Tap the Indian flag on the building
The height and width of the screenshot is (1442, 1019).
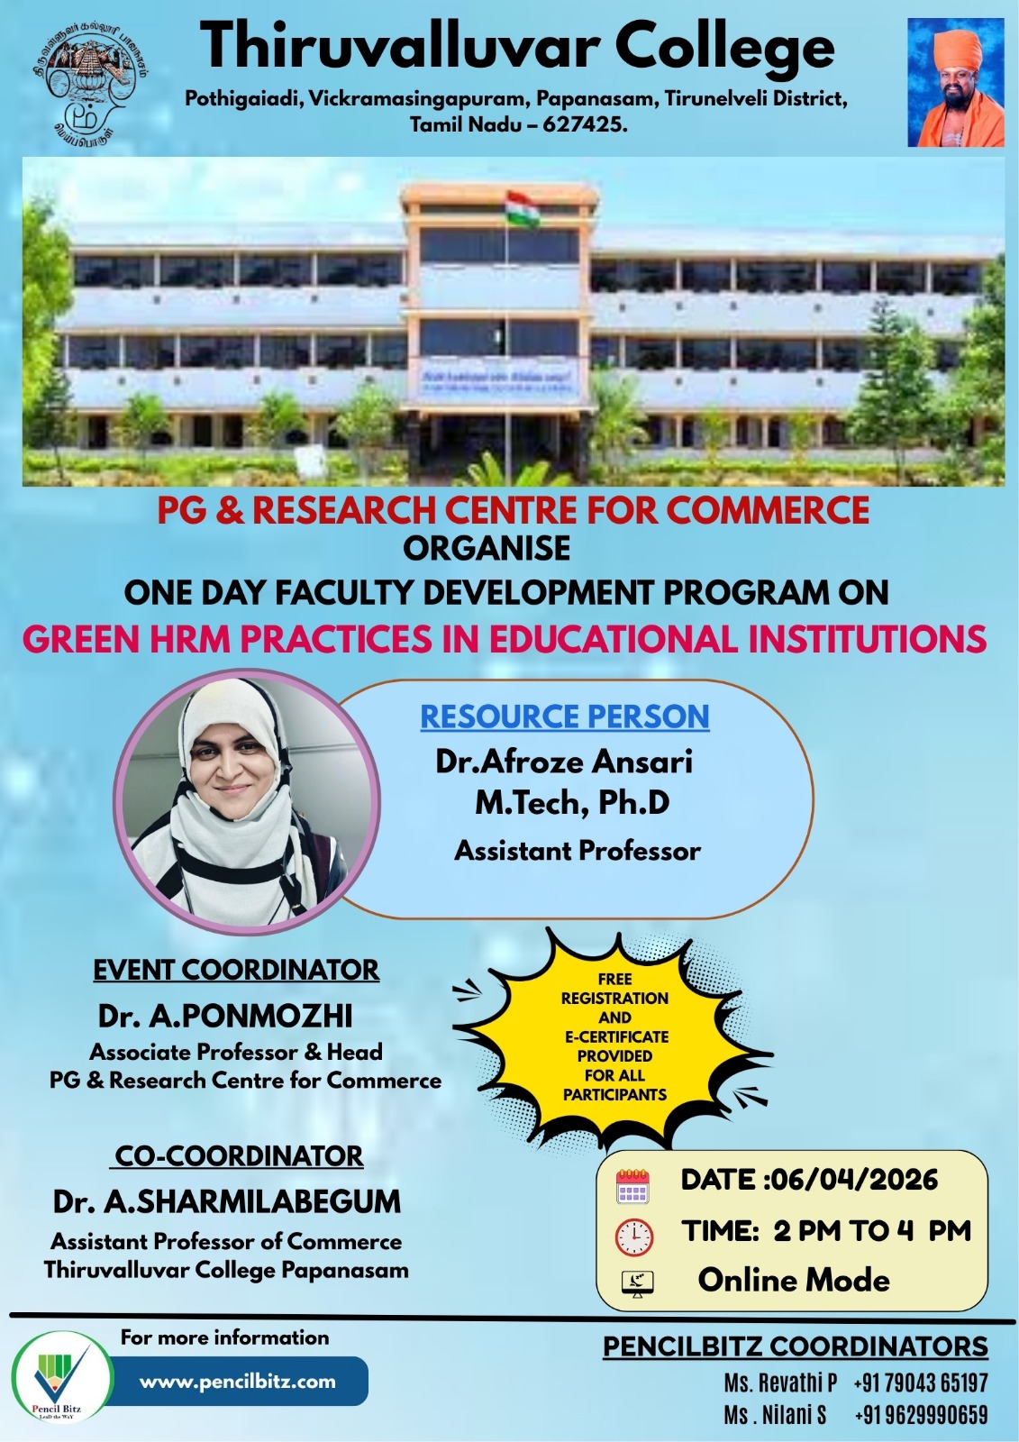pos(523,209)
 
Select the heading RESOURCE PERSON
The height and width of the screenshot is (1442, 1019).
pos(565,716)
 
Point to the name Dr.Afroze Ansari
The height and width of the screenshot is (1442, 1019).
pos(564,762)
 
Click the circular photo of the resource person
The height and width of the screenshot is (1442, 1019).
pos(246,801)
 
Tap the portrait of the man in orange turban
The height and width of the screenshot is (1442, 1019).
pos(955,83)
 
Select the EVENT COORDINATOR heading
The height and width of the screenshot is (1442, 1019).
pos(236,970)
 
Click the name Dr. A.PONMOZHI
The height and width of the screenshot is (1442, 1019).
pos(225,1016)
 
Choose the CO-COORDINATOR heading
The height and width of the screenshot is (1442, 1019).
pos(239,1155)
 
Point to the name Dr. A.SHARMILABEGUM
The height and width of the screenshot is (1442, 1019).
pos(227,1201)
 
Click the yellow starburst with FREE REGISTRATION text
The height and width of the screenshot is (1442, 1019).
pos(614,1036)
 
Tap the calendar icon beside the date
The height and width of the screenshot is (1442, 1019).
pos(632,1186)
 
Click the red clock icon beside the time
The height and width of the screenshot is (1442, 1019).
pos(634,1237)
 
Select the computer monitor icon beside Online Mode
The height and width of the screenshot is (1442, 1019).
pos(638,1283)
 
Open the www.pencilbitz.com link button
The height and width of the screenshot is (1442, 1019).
pos(238,1381)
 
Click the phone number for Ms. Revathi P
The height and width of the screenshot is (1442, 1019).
pos(920,1383)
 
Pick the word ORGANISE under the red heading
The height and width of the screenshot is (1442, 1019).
pos(487,548)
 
